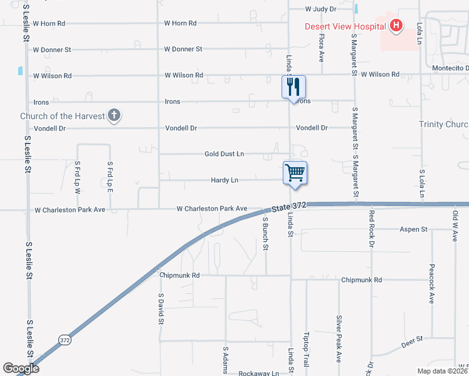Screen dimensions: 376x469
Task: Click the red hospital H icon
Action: point(396,26)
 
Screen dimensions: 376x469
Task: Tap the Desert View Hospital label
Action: point(345,26)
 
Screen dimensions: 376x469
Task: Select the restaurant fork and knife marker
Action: point(293,86)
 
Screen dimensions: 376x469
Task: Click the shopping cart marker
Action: point(295,172)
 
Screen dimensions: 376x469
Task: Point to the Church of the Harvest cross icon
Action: point(113,115)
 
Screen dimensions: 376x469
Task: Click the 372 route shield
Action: point(65,340)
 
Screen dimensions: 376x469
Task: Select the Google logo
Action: point(21,368)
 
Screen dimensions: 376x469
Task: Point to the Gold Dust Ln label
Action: point(224,154)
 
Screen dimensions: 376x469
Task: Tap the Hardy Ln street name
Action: point(224,180)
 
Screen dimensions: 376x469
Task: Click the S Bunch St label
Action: point(266,234)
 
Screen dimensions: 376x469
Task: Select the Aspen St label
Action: point(413,229)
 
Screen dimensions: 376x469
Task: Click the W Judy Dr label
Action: point(321,9)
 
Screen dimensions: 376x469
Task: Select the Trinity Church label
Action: point(443,125)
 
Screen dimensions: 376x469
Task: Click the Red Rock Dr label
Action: point(371,229)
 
